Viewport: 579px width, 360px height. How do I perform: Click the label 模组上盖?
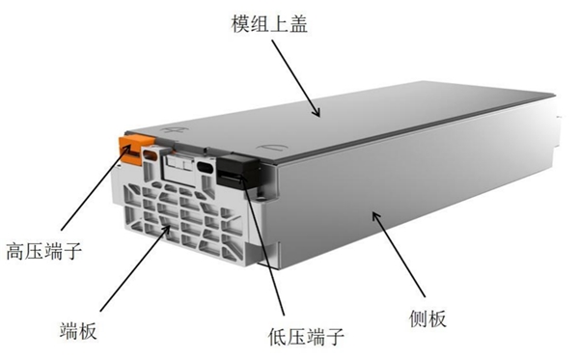[x=269, y=24]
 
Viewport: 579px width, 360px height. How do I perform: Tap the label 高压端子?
[x=43, y=251]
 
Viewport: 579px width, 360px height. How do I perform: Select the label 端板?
[x=78, y=330]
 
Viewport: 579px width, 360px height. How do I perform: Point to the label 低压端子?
[x=306, y=337]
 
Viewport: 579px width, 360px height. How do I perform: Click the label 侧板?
[x=427, y=318]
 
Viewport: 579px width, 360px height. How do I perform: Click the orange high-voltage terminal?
[x=135, y=149]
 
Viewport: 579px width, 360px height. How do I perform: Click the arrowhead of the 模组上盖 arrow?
[x=316, y=112]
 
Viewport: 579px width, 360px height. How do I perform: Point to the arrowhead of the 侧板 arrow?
[x=376, y=216]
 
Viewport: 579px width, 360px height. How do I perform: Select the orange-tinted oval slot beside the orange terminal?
[x=151, y=154]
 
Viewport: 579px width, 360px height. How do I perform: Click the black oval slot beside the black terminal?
[x=205, y=167]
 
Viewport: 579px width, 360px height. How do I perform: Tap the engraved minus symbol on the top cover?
[x=272, y=148]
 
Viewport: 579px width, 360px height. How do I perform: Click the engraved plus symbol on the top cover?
[x=174, y=130]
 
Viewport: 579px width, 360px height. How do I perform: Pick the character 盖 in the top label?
[x=298, y=24]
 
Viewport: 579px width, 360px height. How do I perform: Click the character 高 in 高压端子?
[x=14, y=251]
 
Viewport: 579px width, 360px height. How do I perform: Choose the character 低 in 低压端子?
[x=278, y=337]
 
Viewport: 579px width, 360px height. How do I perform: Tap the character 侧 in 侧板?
[x=419, y=318]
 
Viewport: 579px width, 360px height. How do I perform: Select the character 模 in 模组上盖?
[x=240, y=24]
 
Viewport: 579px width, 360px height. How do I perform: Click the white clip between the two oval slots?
[x=179, y=163]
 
